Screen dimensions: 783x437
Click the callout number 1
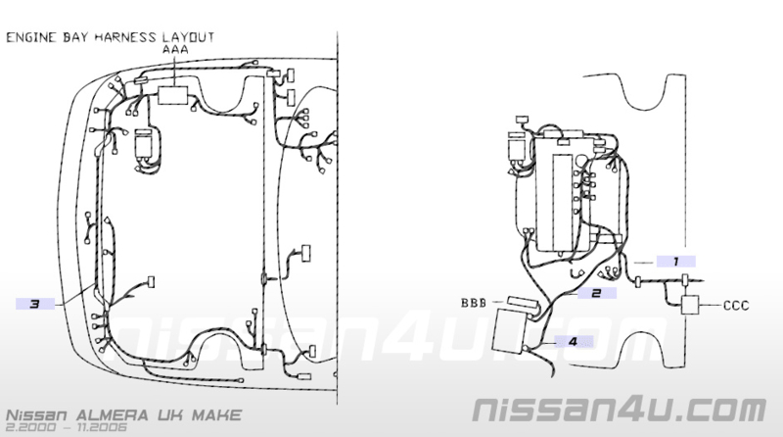675,262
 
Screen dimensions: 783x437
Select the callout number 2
596,293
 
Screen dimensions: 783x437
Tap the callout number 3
34,304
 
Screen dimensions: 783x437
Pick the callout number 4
573,342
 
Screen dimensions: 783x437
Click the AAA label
175,50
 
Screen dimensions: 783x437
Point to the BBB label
474,303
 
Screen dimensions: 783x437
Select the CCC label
736,305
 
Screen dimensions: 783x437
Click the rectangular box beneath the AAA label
173,95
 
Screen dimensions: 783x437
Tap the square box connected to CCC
690,305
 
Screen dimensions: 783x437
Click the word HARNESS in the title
125,37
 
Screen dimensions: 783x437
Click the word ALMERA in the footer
113,415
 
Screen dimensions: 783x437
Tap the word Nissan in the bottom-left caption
36,415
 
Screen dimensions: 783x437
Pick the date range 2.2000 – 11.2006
67,427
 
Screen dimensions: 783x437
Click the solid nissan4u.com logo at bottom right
620,410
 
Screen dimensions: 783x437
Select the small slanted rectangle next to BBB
524,303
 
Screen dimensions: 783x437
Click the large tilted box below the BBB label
510,331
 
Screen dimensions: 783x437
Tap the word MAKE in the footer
216,415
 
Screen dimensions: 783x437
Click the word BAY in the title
75,38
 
